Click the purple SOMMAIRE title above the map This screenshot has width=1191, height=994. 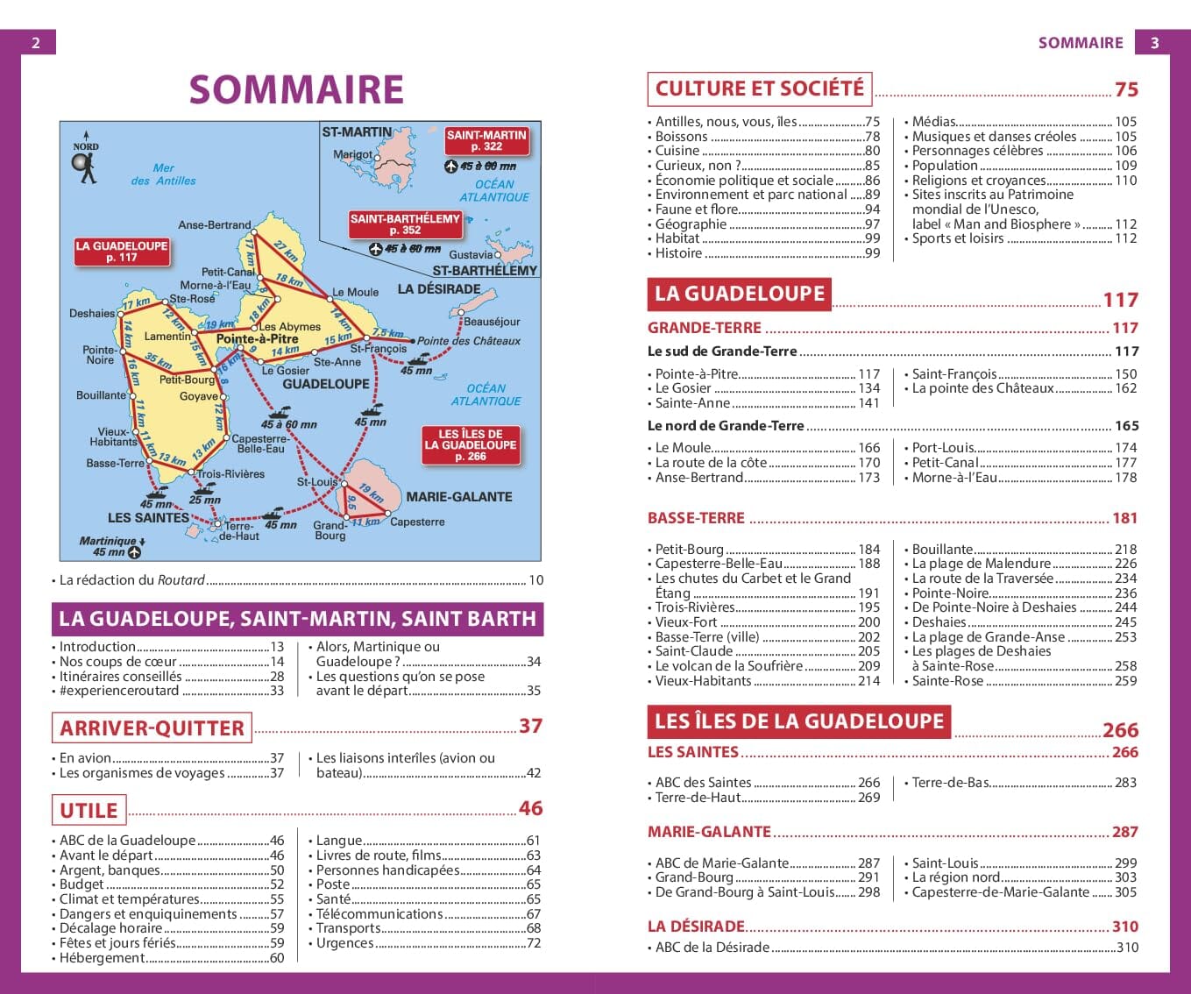296,89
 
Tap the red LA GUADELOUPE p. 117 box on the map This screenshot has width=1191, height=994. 121,252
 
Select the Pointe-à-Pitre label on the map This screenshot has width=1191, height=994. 257,338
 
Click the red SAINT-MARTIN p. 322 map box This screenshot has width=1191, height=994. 486,140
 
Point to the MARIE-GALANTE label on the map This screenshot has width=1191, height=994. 458,496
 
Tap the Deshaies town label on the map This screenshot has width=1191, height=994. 92,313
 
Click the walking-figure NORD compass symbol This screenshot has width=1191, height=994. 86,167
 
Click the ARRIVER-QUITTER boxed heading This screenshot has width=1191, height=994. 152,728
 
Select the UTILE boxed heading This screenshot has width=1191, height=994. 89,810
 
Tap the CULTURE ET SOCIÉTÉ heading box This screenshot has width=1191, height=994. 759,89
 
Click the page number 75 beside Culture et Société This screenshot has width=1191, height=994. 1126,89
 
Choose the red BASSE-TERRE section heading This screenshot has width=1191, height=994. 696,518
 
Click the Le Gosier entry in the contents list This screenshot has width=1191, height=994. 684,388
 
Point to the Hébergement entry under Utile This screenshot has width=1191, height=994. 102,958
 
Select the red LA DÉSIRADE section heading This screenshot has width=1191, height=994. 696,927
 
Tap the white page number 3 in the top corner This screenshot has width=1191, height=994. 1154,42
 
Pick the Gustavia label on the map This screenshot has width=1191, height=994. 471,255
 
